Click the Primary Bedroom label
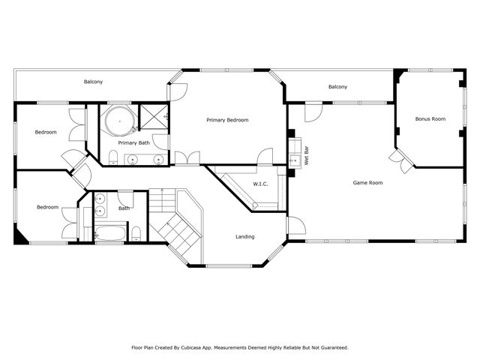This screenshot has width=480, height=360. click(227, 120)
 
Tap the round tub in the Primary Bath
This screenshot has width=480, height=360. click(117, 120)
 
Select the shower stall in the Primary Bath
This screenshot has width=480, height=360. click(154, 118)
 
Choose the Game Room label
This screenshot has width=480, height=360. click(368, 182)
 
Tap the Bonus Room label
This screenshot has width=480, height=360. click(430, 118)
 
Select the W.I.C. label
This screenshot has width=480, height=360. click(260, 184)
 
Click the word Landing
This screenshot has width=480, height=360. click(244, 237)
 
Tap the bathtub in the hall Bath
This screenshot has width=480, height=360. click(110, 233)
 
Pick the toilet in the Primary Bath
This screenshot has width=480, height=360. click(112, 157)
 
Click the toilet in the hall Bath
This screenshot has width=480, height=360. click(136, 234)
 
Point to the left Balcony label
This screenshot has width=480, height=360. click(94, 81)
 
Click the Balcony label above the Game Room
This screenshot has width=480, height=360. click(337, 87)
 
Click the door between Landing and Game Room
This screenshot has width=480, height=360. click(292, 225)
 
